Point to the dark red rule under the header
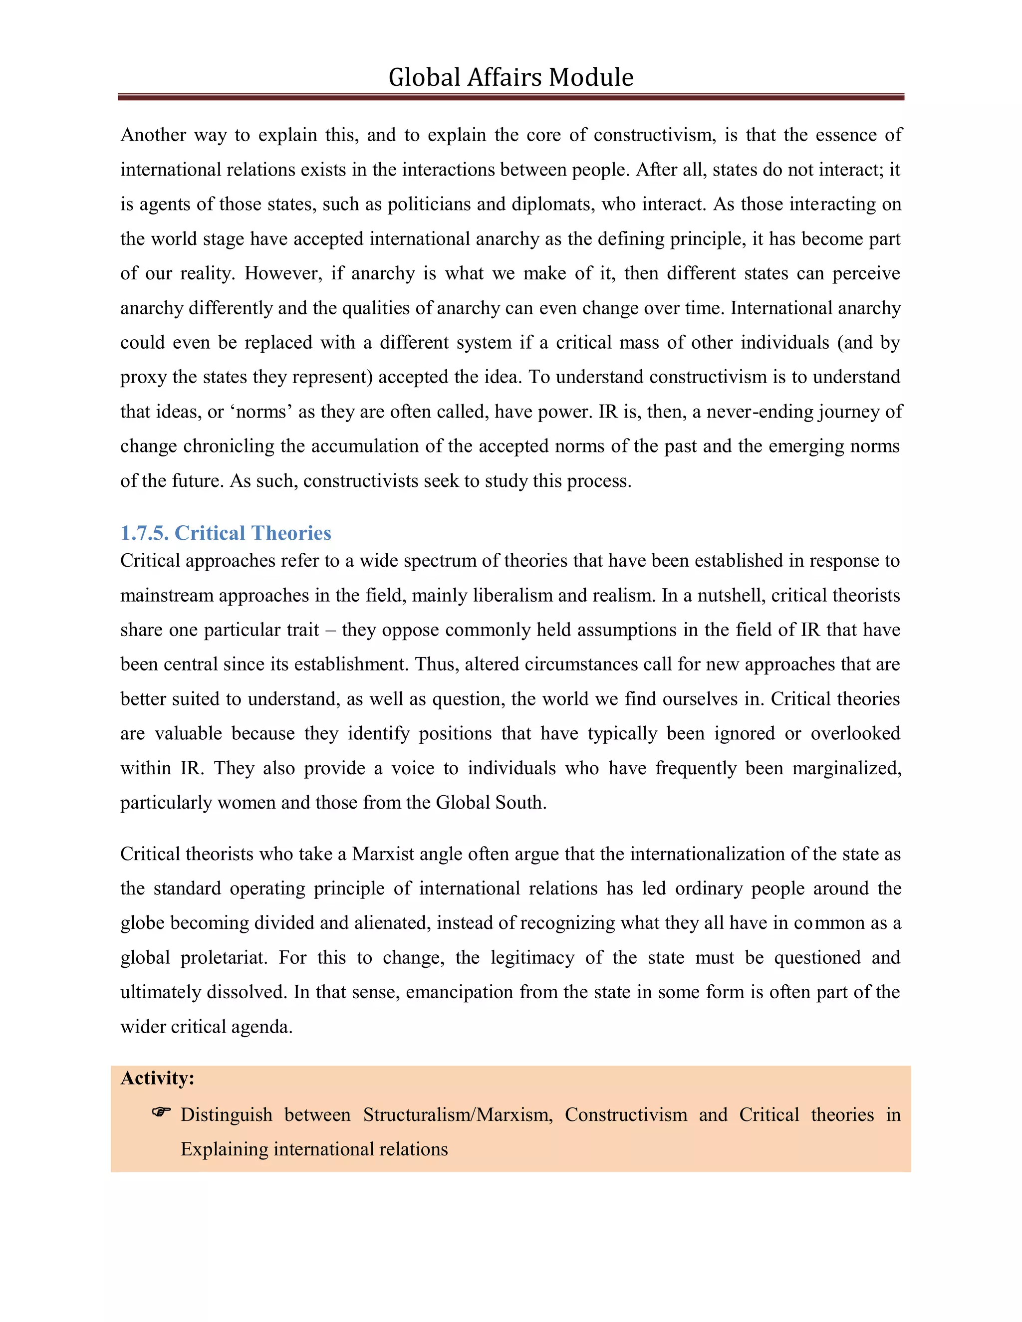pyautogui.click(x=511, y=97)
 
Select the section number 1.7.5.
pyautogui.click(x=144, y=533)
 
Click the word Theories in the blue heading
pyautogui.click(x=292, y=533)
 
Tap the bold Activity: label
pyautogui.click(x=157, y=1078)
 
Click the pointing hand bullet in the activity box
pyautogui.click(x=161, y=1112)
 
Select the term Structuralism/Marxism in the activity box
pyautogui.click(x=458, y=1115)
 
